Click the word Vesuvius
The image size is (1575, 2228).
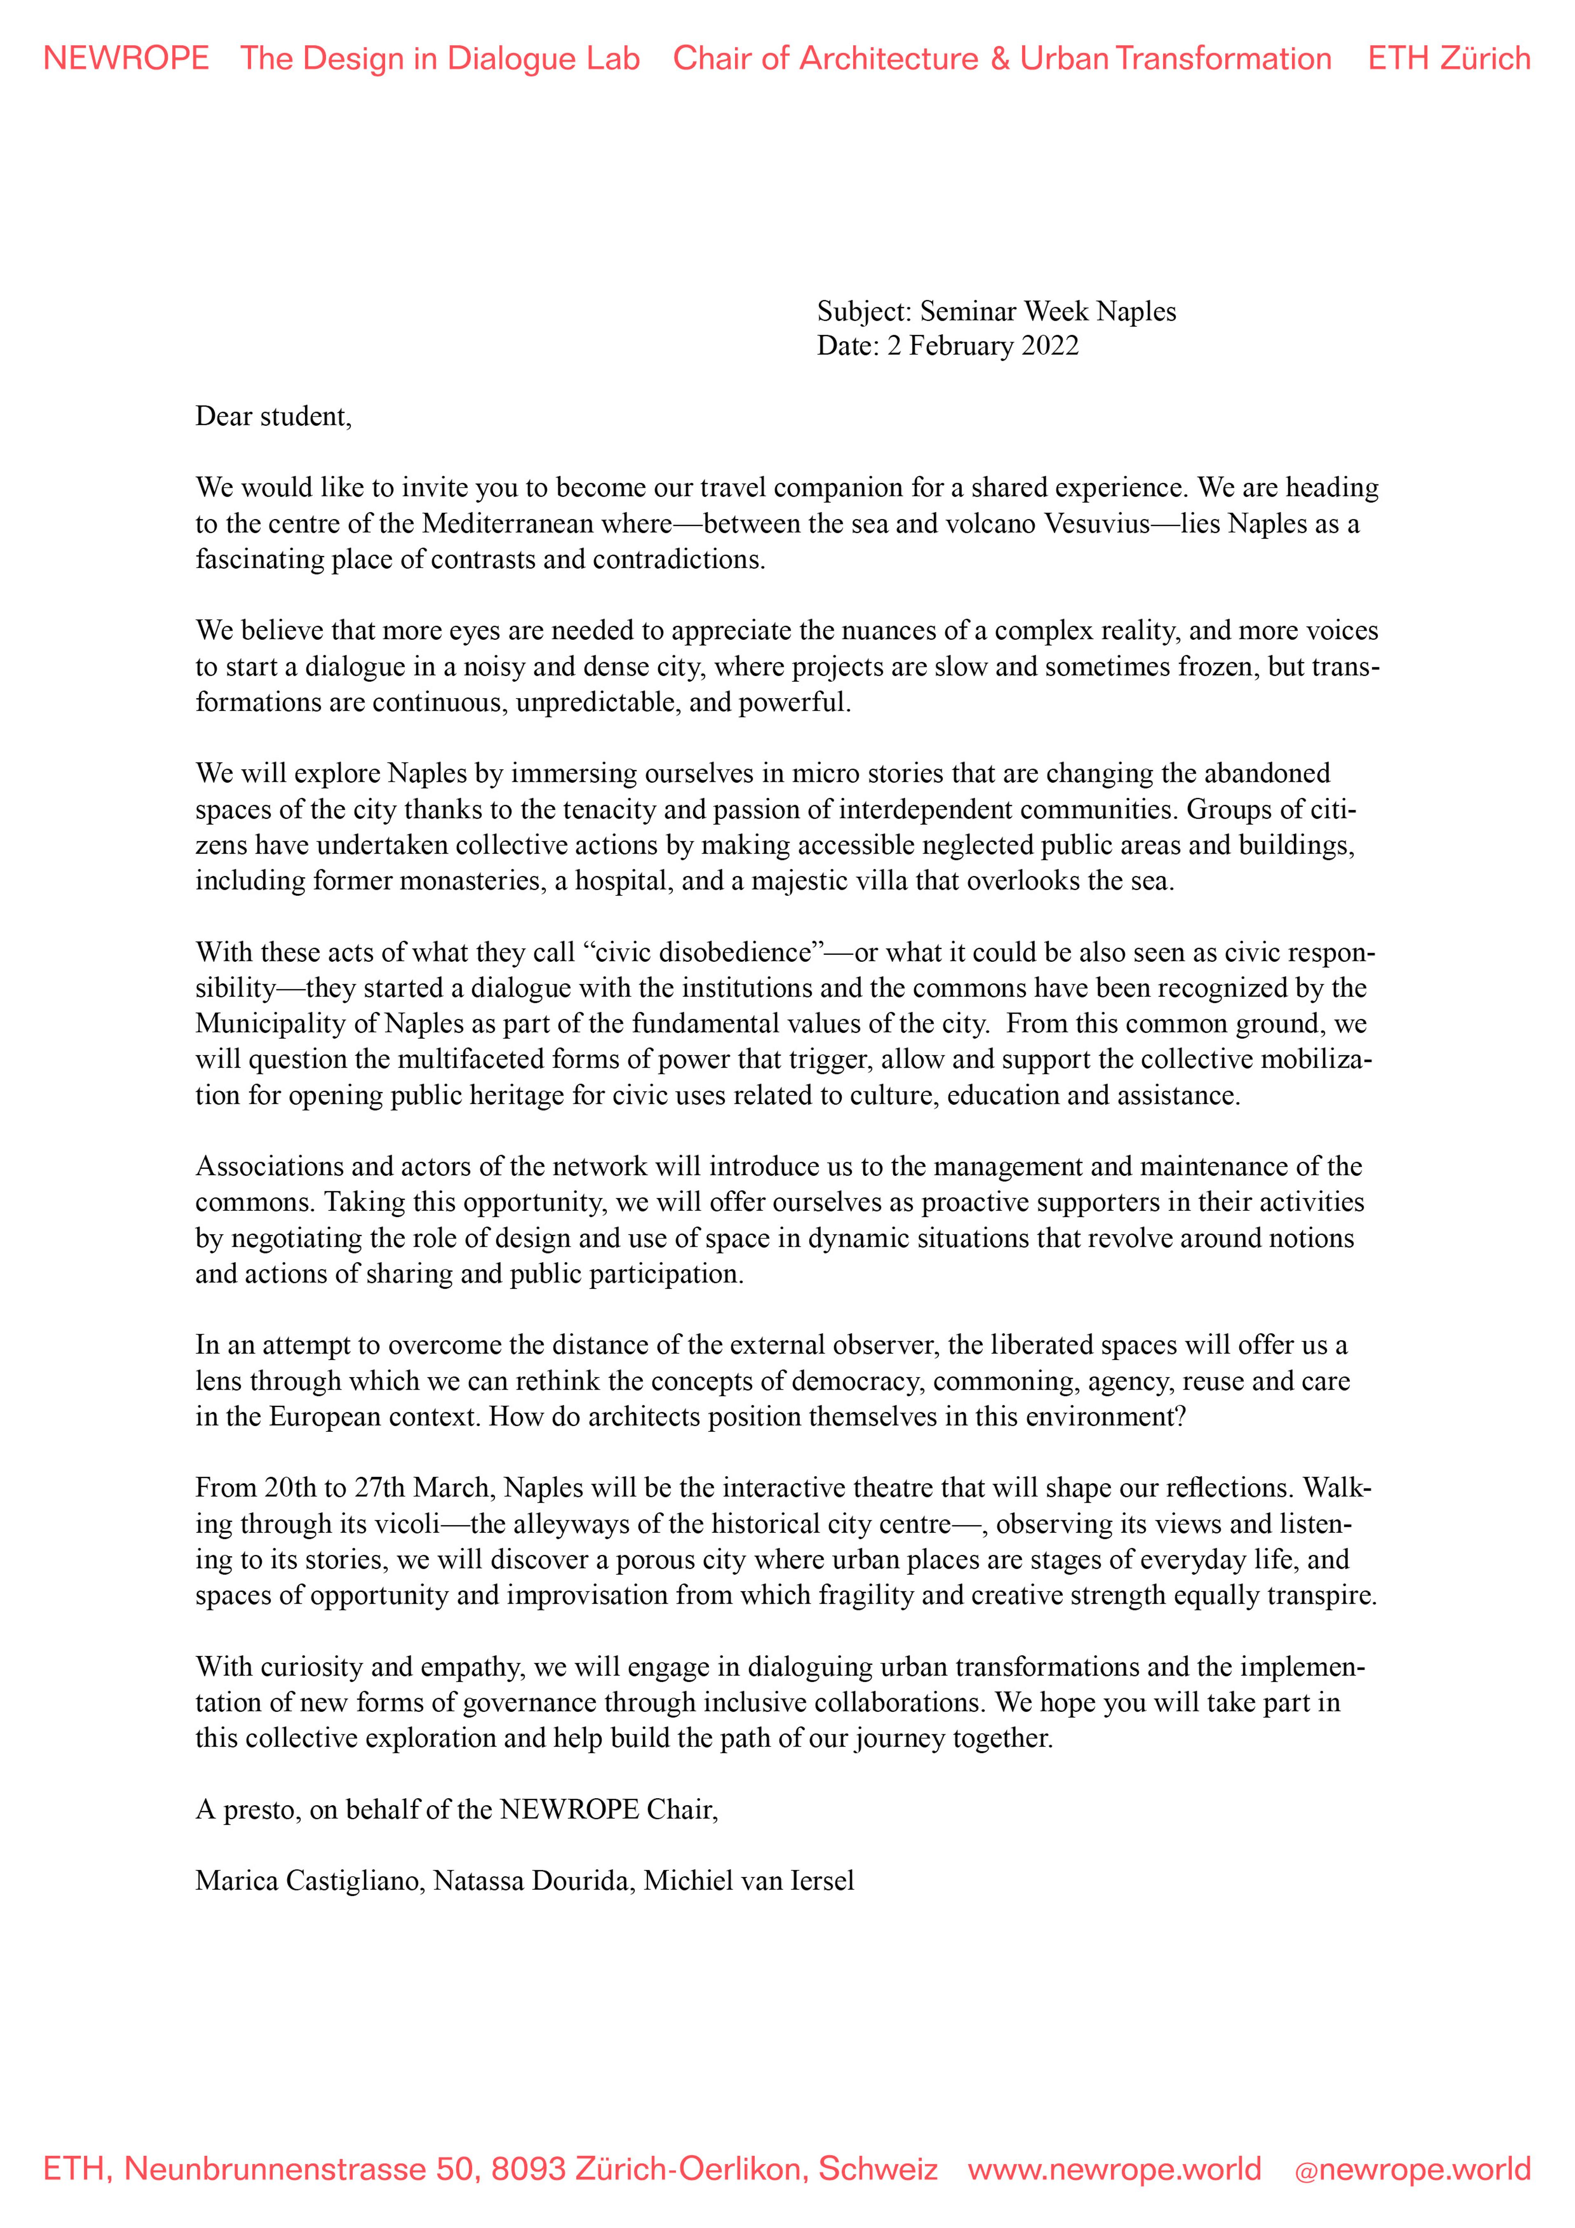(1097, 524)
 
